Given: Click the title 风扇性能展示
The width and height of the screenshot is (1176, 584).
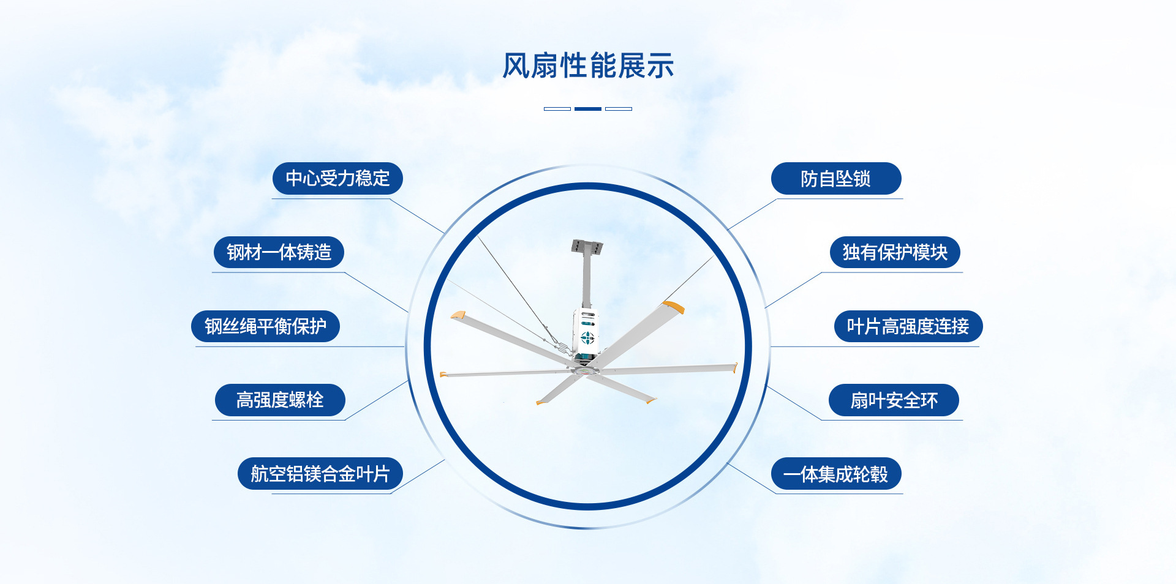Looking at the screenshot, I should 588,66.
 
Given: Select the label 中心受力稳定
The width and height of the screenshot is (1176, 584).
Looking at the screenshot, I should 337,179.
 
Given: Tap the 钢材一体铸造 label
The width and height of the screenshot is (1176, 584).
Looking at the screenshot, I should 279,252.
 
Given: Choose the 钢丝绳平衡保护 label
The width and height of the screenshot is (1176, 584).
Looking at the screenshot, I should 265,326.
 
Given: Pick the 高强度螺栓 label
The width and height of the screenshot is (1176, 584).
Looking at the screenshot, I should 280,400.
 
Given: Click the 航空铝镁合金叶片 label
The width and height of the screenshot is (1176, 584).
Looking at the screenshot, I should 320,474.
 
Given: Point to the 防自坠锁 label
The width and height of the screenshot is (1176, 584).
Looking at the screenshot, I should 835,179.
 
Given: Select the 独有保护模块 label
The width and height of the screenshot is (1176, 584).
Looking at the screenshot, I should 895,252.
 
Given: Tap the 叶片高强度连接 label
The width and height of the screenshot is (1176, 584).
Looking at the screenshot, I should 908,326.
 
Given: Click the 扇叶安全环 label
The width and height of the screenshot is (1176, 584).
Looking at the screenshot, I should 894,400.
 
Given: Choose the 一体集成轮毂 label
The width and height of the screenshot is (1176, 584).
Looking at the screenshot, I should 835,474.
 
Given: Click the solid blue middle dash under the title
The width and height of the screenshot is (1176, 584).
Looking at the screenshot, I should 588,109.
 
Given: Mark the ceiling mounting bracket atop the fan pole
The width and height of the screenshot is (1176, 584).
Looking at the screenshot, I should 587,247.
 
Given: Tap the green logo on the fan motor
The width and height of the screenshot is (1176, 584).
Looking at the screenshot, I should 587,337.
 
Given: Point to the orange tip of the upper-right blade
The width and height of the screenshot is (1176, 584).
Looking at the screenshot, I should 674,306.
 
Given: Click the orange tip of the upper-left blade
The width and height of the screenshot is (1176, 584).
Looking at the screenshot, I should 458,315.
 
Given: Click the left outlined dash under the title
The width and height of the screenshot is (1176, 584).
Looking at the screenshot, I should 557,109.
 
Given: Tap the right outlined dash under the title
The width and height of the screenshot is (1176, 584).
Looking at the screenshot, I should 619,109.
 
